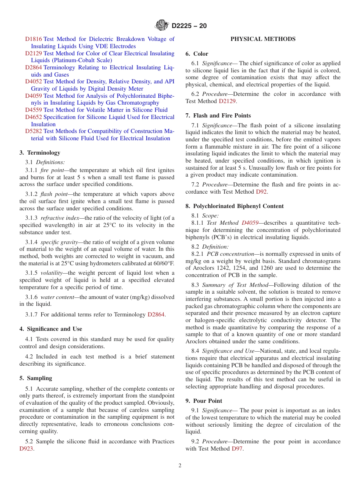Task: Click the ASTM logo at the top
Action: (162, 26)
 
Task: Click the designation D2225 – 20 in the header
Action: (189, 26)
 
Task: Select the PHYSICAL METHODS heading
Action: (263, 39)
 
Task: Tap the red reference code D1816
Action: (33, 39)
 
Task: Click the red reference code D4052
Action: (33, 81)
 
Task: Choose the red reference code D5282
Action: (33, 131)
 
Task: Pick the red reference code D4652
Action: (33, 117)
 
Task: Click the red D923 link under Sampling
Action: (26, 449)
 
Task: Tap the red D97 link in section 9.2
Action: (237, 449)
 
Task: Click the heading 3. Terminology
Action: (40, 153)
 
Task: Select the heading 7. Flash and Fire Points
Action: (218, 116)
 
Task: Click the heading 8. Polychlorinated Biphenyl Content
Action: (235, 206)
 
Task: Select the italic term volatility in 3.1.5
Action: (52, 273)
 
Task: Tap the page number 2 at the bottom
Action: (180, 466)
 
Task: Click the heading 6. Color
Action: (197, 54)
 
